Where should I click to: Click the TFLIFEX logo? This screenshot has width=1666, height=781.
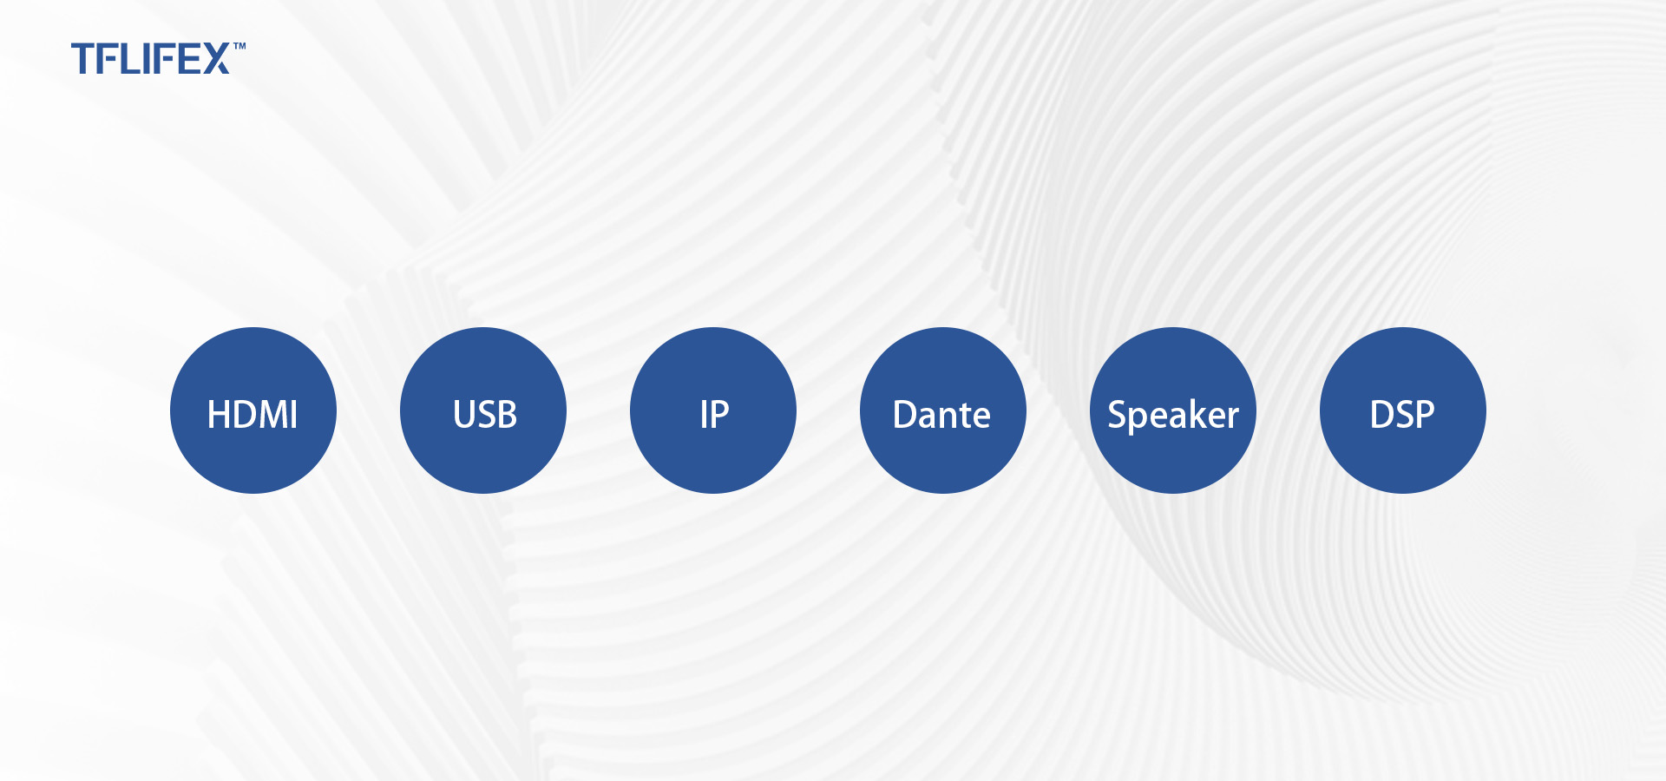158,58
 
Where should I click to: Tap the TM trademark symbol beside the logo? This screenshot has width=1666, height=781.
239,46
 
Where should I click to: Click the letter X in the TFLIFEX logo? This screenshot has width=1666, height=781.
215,58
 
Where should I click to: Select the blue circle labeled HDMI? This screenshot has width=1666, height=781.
253,410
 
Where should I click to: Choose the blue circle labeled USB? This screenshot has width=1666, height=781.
483,410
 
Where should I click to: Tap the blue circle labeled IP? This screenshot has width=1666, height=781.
713,410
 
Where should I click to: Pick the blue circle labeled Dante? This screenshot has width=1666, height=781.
943,410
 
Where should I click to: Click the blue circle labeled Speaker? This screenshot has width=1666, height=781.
1173,410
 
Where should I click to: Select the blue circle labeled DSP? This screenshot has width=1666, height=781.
1403,410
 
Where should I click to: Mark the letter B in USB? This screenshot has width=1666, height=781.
507,415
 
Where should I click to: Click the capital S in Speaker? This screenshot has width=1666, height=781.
1118,415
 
